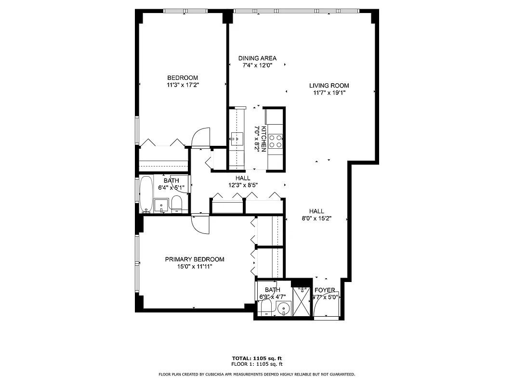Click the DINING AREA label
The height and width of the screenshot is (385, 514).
pos(257,58)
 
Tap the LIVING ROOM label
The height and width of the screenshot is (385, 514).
pos(329,86)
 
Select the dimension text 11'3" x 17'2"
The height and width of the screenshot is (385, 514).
pos(182,85)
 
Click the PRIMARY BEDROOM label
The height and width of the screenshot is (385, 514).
pos(195,259)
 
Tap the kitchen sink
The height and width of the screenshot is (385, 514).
pos(237,139)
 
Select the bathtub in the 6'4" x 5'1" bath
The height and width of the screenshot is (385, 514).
pos(145,195)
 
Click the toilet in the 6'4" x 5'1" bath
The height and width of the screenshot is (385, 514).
pos(176,204)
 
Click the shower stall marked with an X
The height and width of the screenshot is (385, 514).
pos(303,301)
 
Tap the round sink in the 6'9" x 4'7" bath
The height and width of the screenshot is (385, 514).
pos(284,308)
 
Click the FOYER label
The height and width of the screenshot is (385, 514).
pos(325,290)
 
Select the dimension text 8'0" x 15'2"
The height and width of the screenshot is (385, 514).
pos(316,218)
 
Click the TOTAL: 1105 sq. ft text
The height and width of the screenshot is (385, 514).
pos(257,359)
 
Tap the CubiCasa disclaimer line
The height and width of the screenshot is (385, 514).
pos(257,374)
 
